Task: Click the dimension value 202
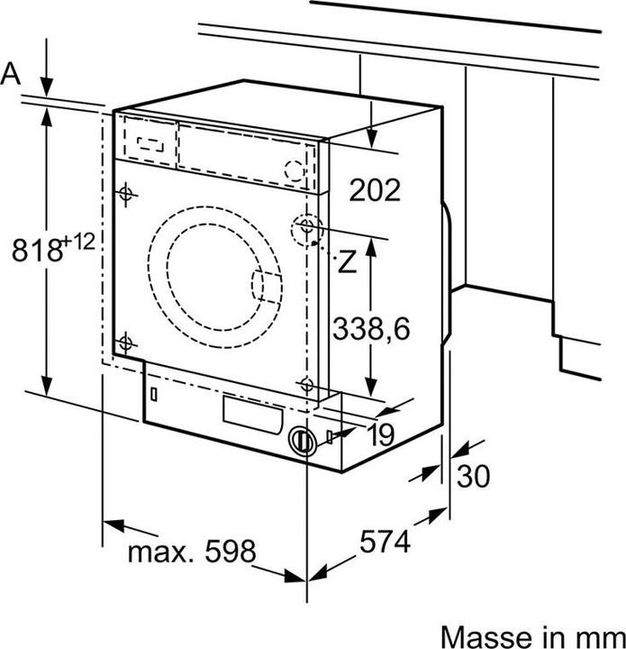pyautogui.click(x=374, y=190)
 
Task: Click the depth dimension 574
pyautogui.click(x=385, y=542)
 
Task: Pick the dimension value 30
pyautogui.click(x=473, y=477)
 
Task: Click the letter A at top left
pyautogui.click(x=11, y=75)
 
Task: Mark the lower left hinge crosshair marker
pyautogui.click(x=125, y=343)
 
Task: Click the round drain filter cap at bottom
pyautogui.click(x=302, y=441)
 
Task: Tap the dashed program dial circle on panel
pyautogui.click(x=295, y=169)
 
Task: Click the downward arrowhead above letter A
pyautogui.click(x=47, y=87)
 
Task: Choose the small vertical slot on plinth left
pyautogui.click(x=155, y=394)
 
